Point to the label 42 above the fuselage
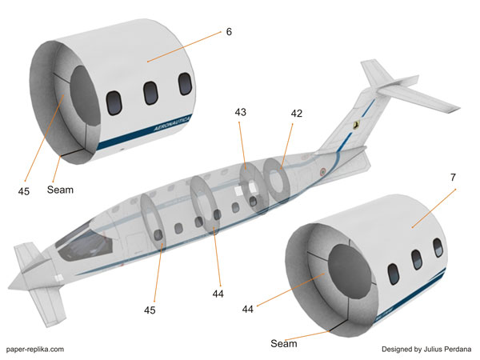coord(296,114)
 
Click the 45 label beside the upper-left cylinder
coord(24,190)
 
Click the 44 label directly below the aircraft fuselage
coord(218,294)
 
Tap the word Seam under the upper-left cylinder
coord(61,190)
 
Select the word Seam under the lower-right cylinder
coord(283,344)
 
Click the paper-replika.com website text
coord(35,349)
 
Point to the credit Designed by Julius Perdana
coord(426,349)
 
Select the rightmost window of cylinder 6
coord(186,85)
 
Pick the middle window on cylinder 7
coord(417,261)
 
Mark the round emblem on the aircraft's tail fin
coord(355,125)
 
